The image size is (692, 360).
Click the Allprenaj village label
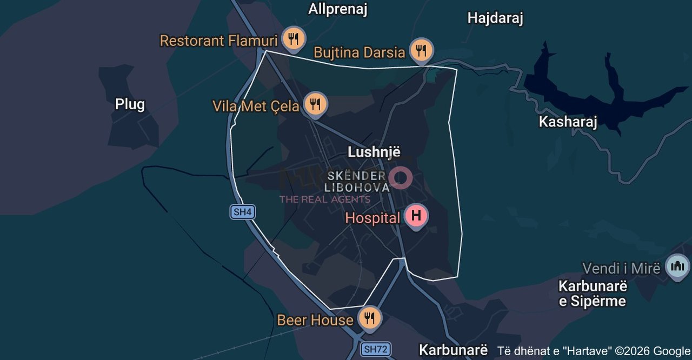(x=338, y=9)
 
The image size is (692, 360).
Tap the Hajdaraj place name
(x=495, y=18)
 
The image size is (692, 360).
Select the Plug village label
(x=130, y=104)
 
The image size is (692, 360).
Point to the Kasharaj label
(x=568, y=122)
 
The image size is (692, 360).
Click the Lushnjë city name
(x=374, y=151)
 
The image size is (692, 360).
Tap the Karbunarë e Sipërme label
(x=592, y=293)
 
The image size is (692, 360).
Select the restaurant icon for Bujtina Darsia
(x=421, y=51)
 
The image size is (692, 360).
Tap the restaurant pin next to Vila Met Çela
(x=315, y=104)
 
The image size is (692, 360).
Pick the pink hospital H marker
(x=416, y=216)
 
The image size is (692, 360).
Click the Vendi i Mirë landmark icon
(x=677, y=266)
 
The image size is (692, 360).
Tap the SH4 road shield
(x=243, y=212)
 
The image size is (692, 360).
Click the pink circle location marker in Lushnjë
(x=401, y=177)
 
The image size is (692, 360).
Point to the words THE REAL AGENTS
(x=324, y=199)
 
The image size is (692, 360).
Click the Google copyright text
(x=594, y=350)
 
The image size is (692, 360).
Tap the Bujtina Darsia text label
(x=359, y=52)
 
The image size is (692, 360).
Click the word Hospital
(x=372, y=218)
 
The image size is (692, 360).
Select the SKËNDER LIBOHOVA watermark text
(x=357, y=182)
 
